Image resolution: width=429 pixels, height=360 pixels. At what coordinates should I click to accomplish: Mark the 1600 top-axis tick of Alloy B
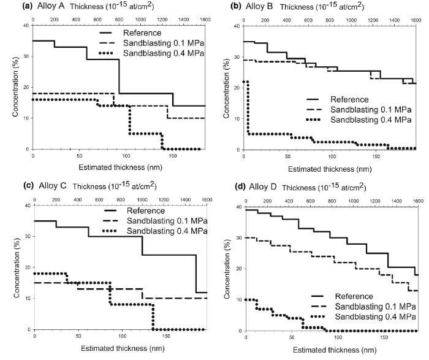(415, 20)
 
